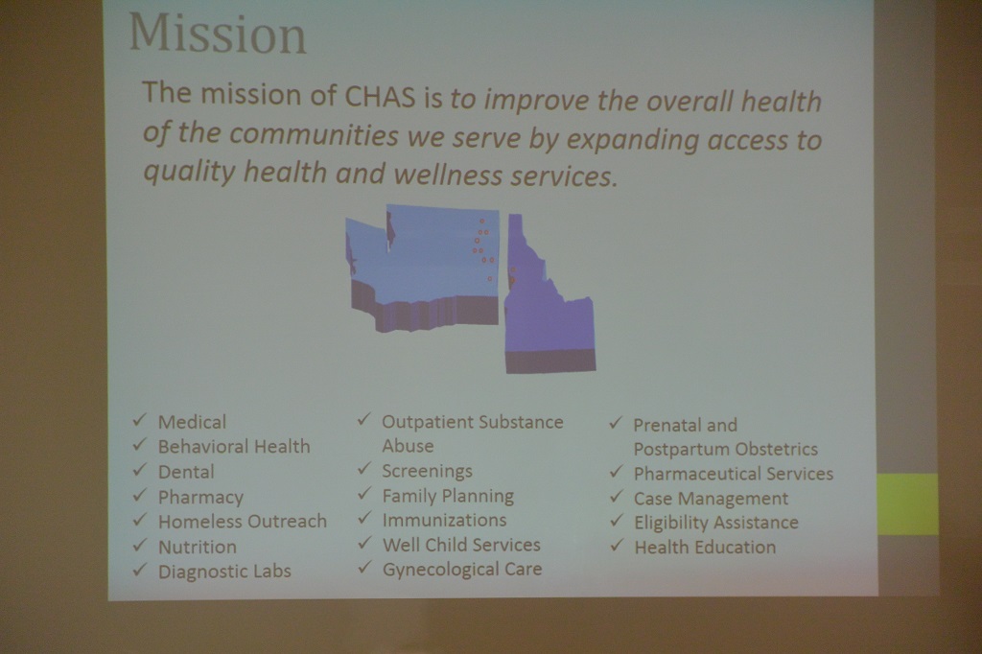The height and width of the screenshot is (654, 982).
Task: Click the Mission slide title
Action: coord(218,34)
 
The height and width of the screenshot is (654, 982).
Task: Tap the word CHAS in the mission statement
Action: coord(380,96)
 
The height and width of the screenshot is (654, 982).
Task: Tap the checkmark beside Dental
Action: coord(140,470)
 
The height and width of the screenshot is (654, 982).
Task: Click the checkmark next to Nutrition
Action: coord(140,545)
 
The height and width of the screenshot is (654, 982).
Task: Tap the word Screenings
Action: coord(427,471)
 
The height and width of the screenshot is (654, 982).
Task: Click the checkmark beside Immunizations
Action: coord(364,518)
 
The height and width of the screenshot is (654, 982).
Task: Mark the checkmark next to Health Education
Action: coord(617,545)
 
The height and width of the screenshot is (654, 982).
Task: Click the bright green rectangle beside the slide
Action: coord(907,504)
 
